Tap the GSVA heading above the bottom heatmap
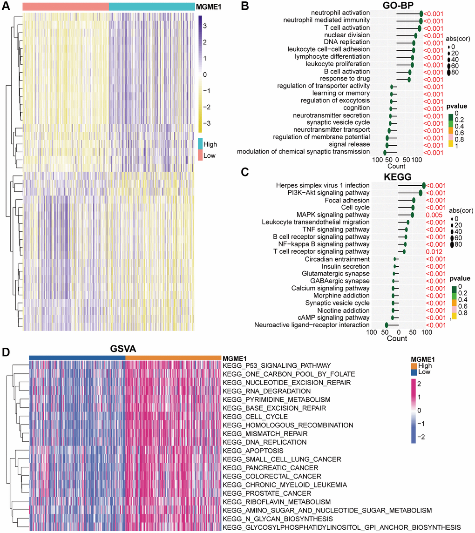(125, 348)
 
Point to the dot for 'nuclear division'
(416, 35)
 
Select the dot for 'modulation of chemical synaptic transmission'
(385, 152)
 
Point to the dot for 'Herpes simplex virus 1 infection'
(424, 185)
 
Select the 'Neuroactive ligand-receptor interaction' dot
(387, 325)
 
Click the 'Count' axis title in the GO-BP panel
(396, 166)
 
